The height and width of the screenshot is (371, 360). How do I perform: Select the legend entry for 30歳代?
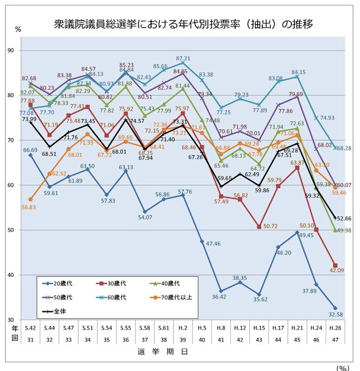pyautogui.click(x=121, y=283)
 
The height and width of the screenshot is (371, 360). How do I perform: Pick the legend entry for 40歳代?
pyautogui.click(x=178, y=283)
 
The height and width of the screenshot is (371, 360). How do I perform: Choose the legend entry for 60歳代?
pyautogui.click(x=121, y=297)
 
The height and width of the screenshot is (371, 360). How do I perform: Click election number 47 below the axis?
pyautogui.click(x=336, y=339)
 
